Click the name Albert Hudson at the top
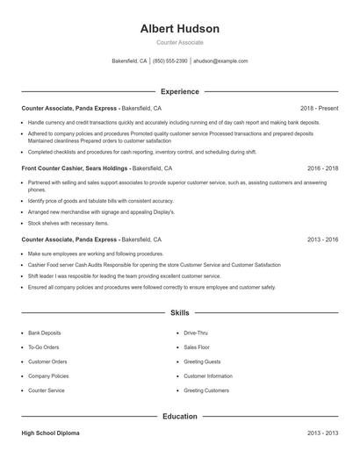[x=179, y=29]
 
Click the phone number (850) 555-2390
[x=170, y=61]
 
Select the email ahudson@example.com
[x=220, y=61]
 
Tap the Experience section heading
[x=179, y=91]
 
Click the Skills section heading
[x=179, y=312]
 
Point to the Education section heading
[x=179, y=417]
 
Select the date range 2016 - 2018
[x=322, y=167]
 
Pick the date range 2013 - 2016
[x=322, y=239]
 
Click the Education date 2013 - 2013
[x=322, y=433]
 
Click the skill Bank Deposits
[x=45, y=333]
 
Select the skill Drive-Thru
[x=196, y=333]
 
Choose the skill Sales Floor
[x=197, y=347]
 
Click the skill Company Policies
[x=48, y=376]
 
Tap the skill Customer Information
[x=208, y=376]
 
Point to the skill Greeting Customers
[x=206, y=390]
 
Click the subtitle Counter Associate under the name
[x=179, y=42]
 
